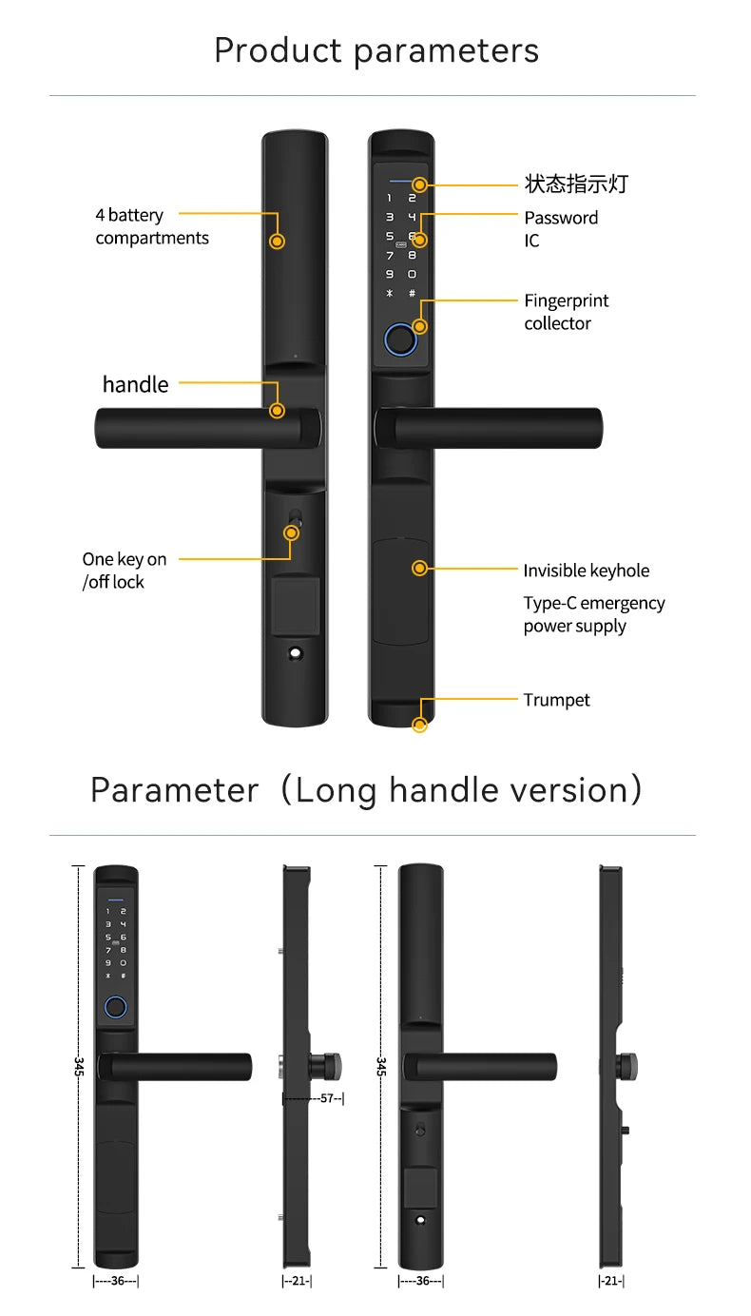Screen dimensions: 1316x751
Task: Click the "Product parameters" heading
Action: (375, 49)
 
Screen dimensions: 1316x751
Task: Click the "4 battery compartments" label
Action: (152, 226)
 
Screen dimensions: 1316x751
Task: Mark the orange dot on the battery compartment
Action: (277, 242)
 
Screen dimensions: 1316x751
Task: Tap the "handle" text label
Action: (135, 384)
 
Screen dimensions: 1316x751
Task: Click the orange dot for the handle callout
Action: (277, 411)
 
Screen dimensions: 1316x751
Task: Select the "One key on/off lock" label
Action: (124, 571)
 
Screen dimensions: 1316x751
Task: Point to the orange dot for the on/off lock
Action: (292, 532)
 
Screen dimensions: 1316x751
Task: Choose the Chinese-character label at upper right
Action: (576, 184)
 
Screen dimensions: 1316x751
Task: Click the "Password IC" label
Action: (560, 228)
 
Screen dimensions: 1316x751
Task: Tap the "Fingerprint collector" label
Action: (566, 312)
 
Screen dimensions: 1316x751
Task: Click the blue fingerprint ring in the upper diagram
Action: (400, 339)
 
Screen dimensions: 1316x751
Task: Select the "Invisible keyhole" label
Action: (586, 571)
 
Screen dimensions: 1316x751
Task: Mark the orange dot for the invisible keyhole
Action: (419, 569)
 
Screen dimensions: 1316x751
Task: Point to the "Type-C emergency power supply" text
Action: (593, 614)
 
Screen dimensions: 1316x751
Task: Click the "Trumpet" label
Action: (556, 700)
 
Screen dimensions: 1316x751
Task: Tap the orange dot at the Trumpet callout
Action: (419, 726)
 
